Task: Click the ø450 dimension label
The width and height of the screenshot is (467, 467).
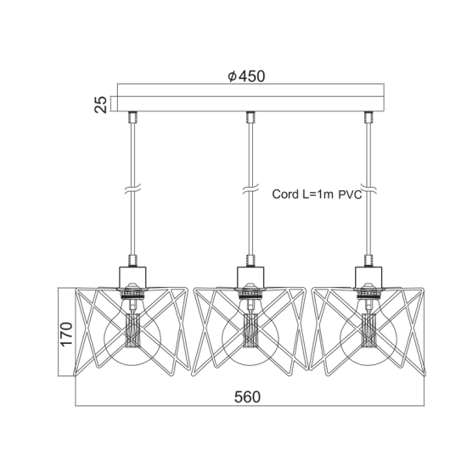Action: click(247, 76)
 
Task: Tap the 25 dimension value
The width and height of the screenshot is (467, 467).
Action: click(101, 104)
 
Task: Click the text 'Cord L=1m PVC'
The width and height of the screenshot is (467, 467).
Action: click(317, 194)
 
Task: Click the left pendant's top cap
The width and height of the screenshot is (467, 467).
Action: click(132, 275)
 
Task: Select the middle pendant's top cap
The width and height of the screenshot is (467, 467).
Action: click(250, 275)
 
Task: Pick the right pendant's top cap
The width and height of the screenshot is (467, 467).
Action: click(369, 275)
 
